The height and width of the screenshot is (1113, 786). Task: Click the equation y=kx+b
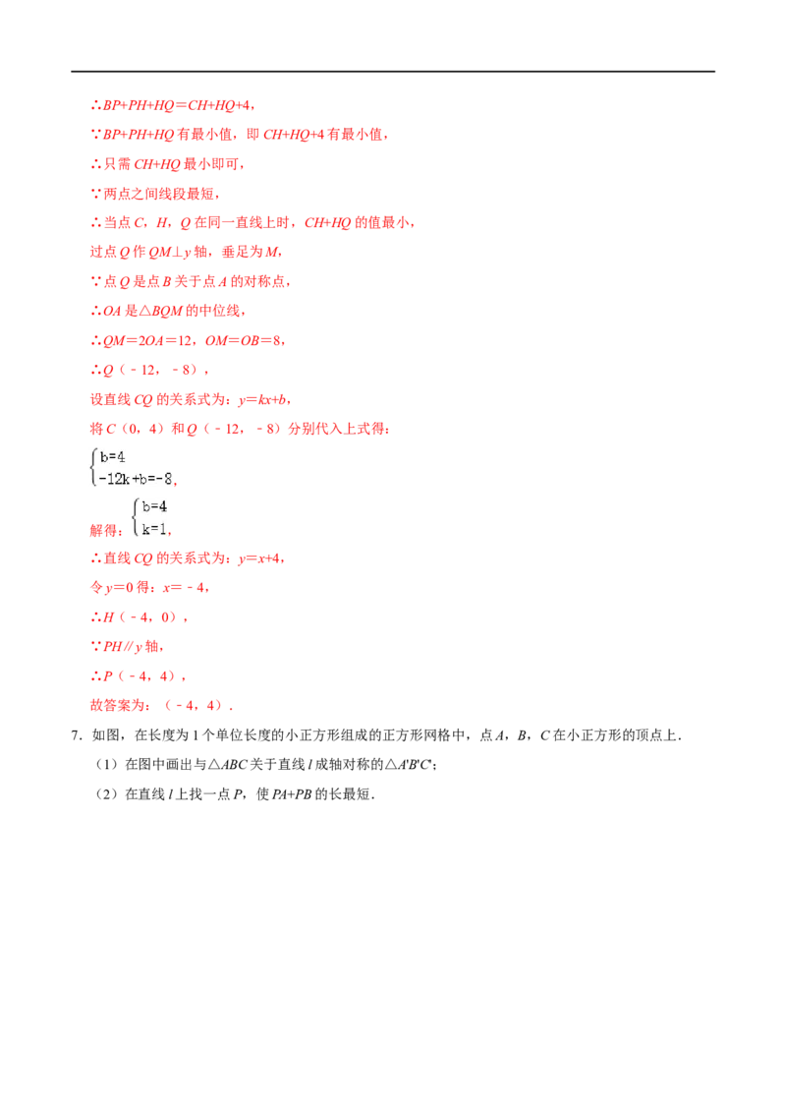[262, 399]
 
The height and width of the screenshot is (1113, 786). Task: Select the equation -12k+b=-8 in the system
[136, 479]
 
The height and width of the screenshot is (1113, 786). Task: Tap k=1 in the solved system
[153, 529]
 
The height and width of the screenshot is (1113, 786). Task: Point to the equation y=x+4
[259, 558]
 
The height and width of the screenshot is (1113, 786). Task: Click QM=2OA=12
[147, 341]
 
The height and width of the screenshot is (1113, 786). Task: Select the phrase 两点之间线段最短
[159, 194]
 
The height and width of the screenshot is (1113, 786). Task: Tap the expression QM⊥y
[170, 252]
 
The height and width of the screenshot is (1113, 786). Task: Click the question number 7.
[77, 735]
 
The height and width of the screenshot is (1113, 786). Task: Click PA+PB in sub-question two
[292, 794]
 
